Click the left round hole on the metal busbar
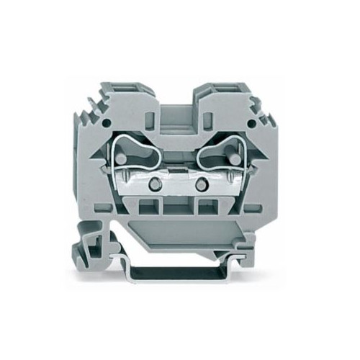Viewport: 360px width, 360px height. [x=152, y=181]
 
